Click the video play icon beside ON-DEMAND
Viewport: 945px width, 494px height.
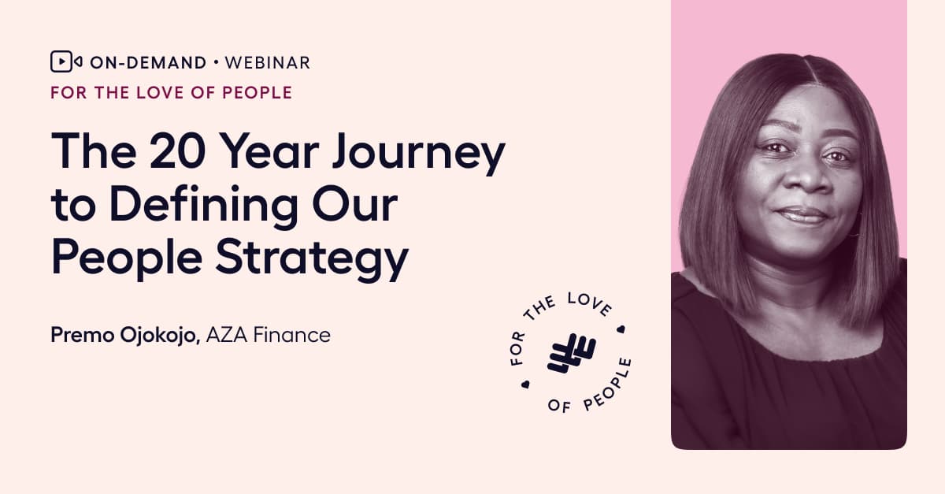[66, 61]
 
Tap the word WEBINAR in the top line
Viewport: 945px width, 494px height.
[268, 63]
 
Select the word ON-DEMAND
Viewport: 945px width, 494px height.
[148, 63]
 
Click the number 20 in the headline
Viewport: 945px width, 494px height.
[177, 150]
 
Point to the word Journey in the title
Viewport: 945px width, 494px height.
[418, 154]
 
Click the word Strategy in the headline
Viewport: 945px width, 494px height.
[312, 258]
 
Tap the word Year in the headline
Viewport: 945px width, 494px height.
[269, 150]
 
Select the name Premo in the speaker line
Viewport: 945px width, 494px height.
[83, 336]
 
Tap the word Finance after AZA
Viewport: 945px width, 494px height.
[292, 336]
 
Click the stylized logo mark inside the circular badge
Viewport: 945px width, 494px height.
[572, 354]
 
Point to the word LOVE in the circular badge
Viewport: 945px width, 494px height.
[589, 304]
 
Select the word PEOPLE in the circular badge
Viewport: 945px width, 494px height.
[608, 385]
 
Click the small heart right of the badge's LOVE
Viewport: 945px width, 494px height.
[621, 329]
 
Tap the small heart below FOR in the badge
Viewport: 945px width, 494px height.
[525, 384]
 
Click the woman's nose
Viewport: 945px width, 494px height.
[805, 175]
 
